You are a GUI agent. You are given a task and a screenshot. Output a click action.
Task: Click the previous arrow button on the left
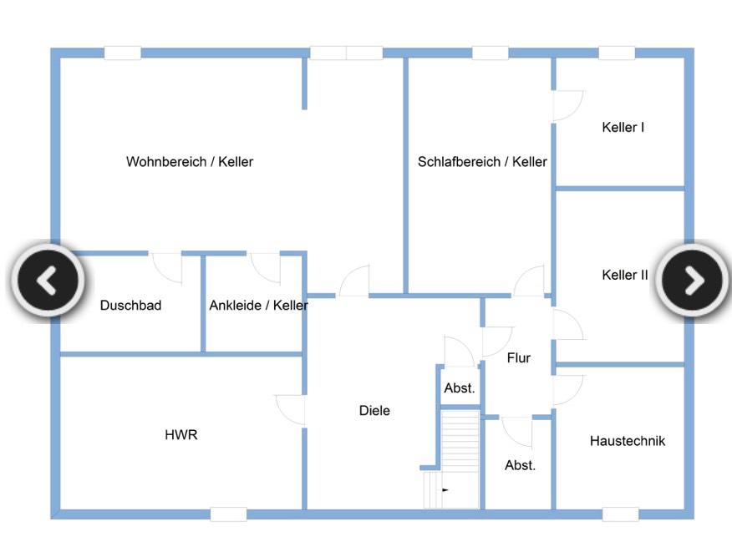pyautogui.click(x=48, y=281)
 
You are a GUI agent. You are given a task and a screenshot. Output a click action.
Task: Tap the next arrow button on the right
pyautogui.click(x=694, y=281)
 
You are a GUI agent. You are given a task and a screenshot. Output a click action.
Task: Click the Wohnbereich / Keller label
pyautogui.click(x=190, y=162)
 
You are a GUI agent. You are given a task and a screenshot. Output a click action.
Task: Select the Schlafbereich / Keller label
pyautogui.click(x=482, y=162)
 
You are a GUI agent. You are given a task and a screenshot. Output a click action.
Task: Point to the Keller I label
pyautogui.click(x=623, y=128)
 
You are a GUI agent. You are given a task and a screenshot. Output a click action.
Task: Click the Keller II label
pyautogui.click(x=624, y=275)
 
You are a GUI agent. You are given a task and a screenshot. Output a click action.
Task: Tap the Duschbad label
pyautogui.click(x=130, y=306)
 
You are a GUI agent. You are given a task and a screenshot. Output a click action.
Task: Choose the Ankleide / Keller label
pyautogui.click(x=258, y=306)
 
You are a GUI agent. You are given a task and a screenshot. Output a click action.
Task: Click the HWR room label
pyautogui.click(x=181, y=435)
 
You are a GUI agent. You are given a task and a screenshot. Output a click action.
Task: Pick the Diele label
pyautogui.click(x=374, y=411)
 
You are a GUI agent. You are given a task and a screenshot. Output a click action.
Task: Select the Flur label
pyautogui.click(x=519, y=358)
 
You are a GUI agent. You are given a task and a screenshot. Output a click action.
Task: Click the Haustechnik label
pyautogui.click(x=628, y=441)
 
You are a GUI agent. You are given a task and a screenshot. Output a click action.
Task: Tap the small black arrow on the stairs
pyautogui.click(x=445, y=490)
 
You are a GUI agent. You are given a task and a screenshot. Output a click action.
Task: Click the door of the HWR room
pyautogui.click(x=291, y=410)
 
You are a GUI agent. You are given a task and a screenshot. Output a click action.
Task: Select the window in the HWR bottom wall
pyautogui.click(x=228, y=514)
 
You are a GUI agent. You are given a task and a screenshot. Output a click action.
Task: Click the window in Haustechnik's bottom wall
pyautogui.click(x=620, y=514)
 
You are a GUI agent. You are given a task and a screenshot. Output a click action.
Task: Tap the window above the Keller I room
pyautogui.click(x=617, y=53)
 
